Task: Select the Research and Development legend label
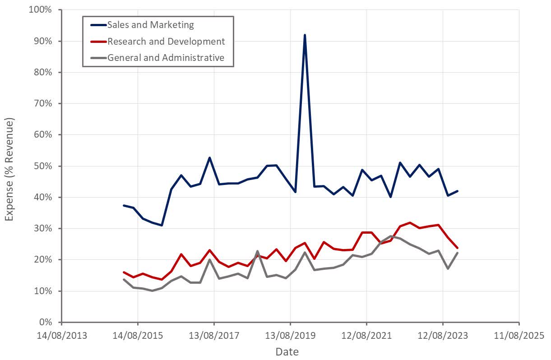(x=165, y=42)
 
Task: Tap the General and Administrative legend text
(x=165, y=57)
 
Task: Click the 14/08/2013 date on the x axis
(x=61, y=336)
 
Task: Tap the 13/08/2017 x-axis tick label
(x=214, y=336)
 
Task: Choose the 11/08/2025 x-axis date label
(x=519, y=336)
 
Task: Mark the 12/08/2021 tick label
(x=366, y=336)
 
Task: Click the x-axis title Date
(x=287, y=351)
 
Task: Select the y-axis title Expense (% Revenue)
(x=9, y=169)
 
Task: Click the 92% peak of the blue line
(x=305, y=35)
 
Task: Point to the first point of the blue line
(x=124, y=205)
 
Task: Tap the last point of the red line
(x=457, y=248)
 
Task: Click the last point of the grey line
(x=457, y=253)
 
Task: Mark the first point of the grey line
(x=124, y=280)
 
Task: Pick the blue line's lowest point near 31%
(x=162, y=225)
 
